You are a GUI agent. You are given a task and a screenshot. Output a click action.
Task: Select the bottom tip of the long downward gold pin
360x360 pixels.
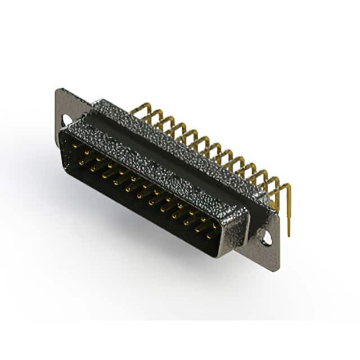tap(289, 235)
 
